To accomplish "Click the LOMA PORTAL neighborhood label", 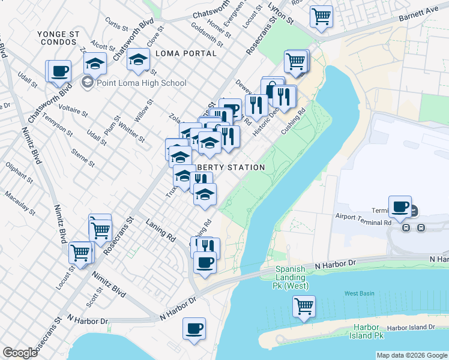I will tap(185, 53).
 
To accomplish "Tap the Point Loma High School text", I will tap(141, 82).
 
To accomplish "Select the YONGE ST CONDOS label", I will tap(58, 38).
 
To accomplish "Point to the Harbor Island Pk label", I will tap(367, 331).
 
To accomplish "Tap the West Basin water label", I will tap(359, 293).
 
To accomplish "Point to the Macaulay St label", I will tap(19, 203).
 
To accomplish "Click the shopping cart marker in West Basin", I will tap(304, 305).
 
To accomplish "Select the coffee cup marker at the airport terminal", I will tap(400, 207).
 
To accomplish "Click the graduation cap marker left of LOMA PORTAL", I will tap(138, 59).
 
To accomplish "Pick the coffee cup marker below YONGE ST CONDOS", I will tap(59, 70).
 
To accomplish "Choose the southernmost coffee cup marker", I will tap(194, 328).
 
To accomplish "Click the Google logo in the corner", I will tap(20, 353).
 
